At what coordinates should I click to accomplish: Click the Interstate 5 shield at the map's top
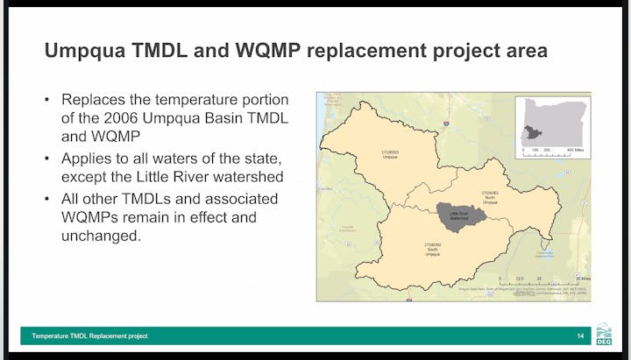point(445,125)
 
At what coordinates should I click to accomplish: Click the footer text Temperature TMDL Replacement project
point(90,336)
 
